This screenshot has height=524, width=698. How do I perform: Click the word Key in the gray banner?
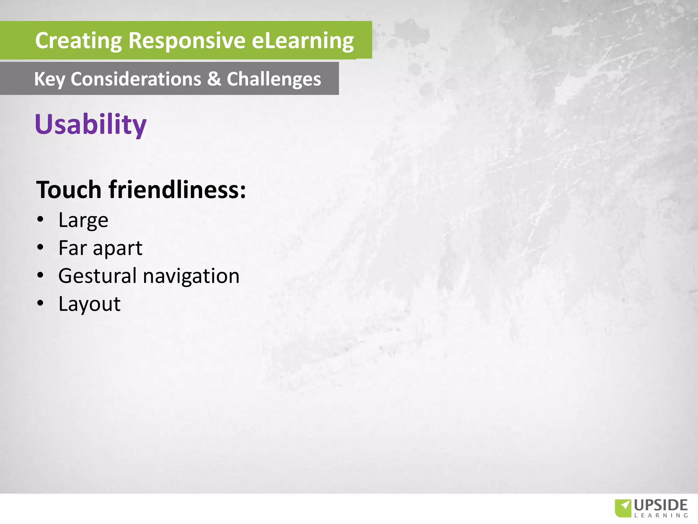[x=49, y=79]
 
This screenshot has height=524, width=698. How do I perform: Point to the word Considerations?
[x=136, y=79]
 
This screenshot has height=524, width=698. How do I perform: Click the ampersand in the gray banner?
[x=214, y=79]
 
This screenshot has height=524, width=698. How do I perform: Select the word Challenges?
[x=274, y=79]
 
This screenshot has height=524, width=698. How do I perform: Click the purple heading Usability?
[x=90, y=124]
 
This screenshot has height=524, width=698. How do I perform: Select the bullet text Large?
[x=83, y=220]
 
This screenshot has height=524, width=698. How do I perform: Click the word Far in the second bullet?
[x=73, y=248]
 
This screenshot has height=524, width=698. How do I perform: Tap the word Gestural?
[x=97, y=276]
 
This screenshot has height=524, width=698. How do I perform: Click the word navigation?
[x=191, y=276]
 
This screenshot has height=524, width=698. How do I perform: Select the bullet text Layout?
[x=89, y=304]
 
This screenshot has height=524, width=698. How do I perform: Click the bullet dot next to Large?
[x=41, y=219]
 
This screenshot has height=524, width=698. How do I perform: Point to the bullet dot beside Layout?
[x=41, y=303]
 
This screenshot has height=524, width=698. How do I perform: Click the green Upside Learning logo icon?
[x=623, y=508]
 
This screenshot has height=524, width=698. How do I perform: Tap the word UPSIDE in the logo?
[x=661, y=505]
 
